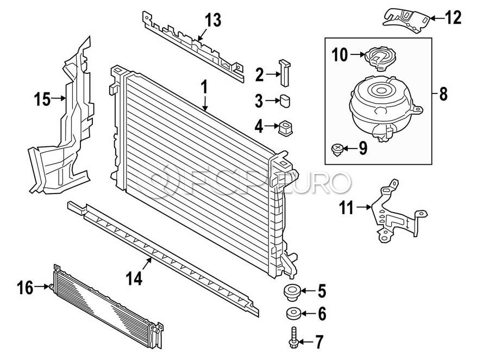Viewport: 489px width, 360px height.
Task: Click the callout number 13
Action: [213, 20]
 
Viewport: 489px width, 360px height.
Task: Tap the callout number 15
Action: [42, 100]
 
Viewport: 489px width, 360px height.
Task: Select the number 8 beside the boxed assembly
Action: [443, 94]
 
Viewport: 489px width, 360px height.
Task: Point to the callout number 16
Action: [25, 288]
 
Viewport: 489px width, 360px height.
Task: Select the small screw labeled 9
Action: [336, 150]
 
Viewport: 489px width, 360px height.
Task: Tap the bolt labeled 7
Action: [293, 338]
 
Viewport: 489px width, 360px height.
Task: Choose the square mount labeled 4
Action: [285, 127]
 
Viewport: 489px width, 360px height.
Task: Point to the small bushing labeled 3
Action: [285, 101]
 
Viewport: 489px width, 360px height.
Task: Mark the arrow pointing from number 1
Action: [205, 103]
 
